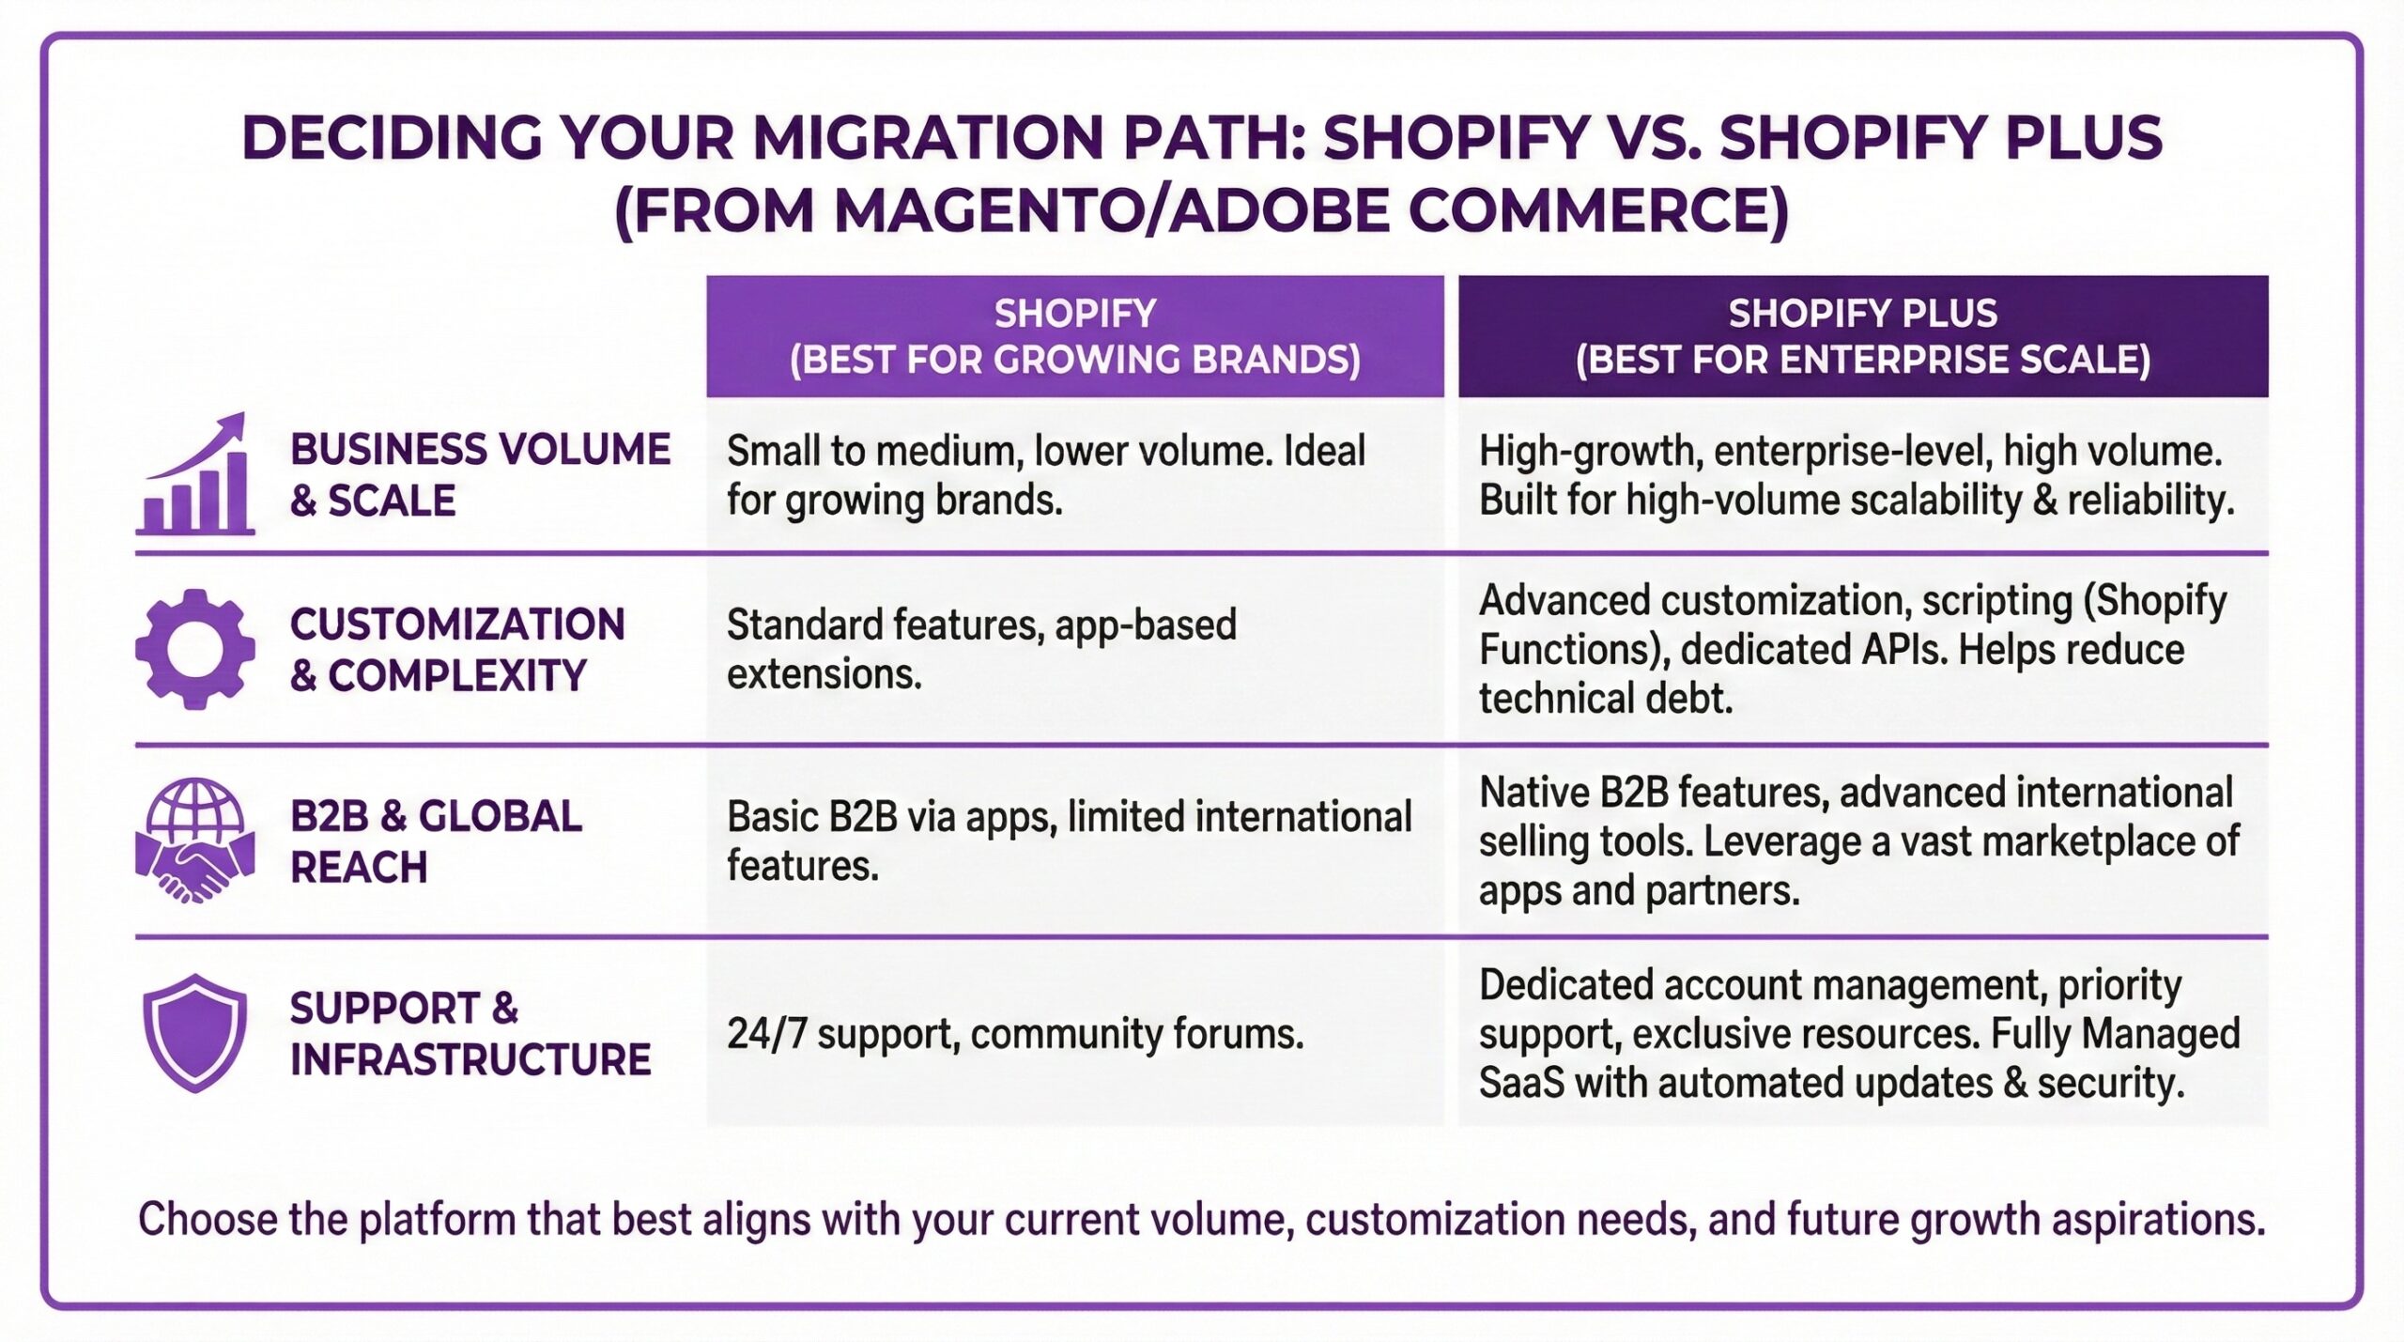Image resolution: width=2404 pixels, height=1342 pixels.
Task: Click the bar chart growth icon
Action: point(195,475)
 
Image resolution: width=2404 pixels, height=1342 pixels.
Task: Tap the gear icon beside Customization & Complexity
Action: point(195,649)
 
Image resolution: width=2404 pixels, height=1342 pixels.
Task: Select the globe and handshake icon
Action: point(195,840)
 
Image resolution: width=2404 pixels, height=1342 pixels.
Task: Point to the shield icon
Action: point(195,1033)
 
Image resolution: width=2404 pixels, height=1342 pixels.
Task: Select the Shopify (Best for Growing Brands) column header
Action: point(1074,336)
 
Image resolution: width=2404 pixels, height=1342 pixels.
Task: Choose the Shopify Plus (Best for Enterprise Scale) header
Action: point(1862,336)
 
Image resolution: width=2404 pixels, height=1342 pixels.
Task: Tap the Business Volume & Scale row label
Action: point(480,475)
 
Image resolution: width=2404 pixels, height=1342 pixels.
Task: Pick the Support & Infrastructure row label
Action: point(470,1033)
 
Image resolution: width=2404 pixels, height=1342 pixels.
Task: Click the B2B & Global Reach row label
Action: point(436,841)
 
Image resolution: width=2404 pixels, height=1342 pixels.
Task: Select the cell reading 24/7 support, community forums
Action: point(1015,1034)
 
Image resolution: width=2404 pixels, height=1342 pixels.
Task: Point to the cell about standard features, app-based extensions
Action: point(981,649)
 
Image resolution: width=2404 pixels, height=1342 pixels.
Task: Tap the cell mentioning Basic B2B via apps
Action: point(1069,841)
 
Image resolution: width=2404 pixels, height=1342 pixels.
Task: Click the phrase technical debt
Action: point(1605,699)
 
